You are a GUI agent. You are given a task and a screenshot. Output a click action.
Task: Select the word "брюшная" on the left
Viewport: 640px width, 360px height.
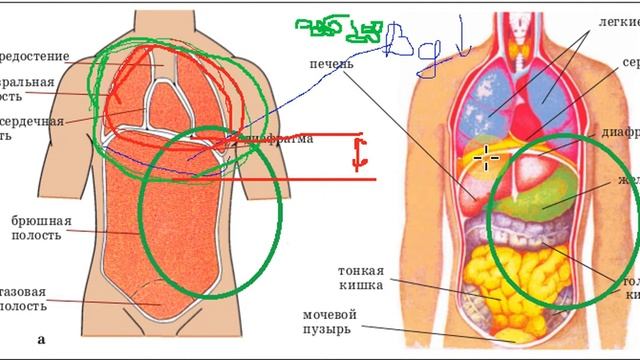point(36,217)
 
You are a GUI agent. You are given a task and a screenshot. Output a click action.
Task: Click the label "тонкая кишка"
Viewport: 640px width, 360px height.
point(361,278)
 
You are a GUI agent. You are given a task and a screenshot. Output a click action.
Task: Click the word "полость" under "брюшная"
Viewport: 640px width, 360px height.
point(36,235)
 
